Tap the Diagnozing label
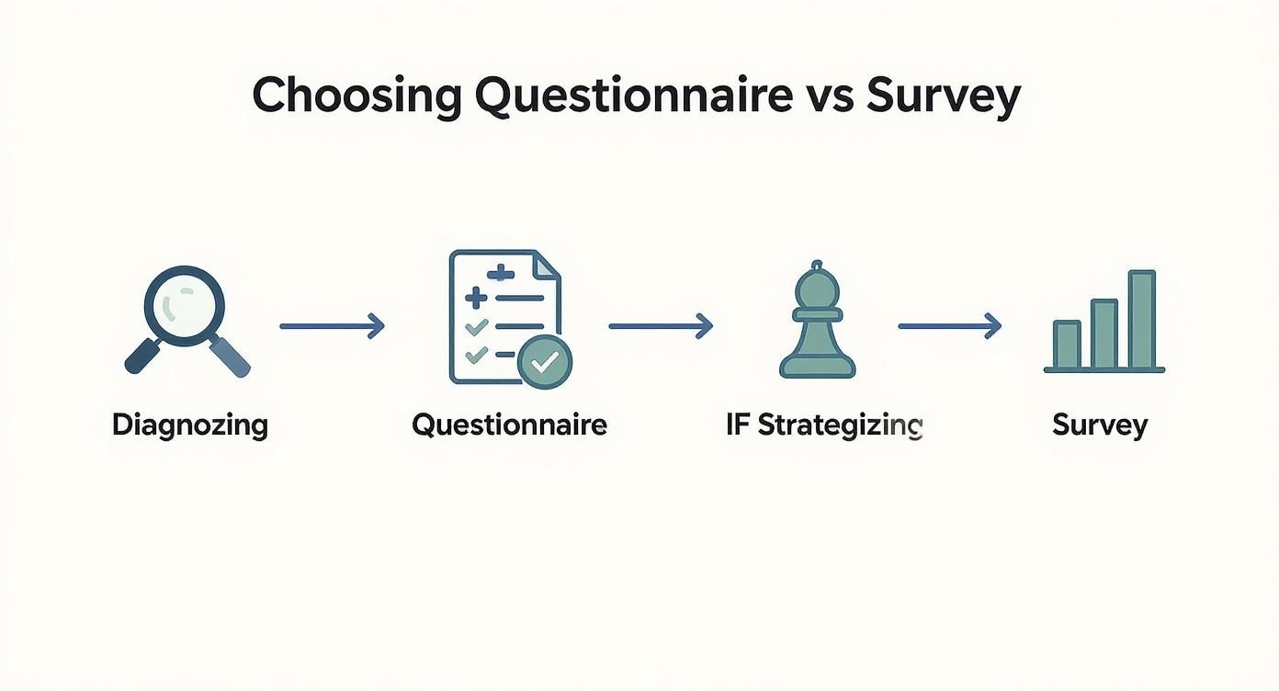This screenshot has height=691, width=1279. point(190,425)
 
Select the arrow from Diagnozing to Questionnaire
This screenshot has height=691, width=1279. point(332,325)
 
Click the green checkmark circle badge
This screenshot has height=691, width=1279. point(545,361)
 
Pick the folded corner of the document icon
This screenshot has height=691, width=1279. point(547,266)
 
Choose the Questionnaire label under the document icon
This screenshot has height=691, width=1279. point(509,425)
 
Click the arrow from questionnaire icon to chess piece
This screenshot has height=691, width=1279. point(661,325)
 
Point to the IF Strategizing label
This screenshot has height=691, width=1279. point(823,425)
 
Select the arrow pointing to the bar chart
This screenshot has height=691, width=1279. point(949,325)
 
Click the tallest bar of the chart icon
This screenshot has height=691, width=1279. point(1141,319)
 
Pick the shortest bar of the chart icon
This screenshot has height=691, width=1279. point(1067,344)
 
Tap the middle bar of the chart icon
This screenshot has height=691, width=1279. point(1104,333)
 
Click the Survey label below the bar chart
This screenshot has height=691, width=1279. point(1100,425)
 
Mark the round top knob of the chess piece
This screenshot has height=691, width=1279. point(817,266)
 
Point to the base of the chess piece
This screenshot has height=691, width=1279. point(817,369)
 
